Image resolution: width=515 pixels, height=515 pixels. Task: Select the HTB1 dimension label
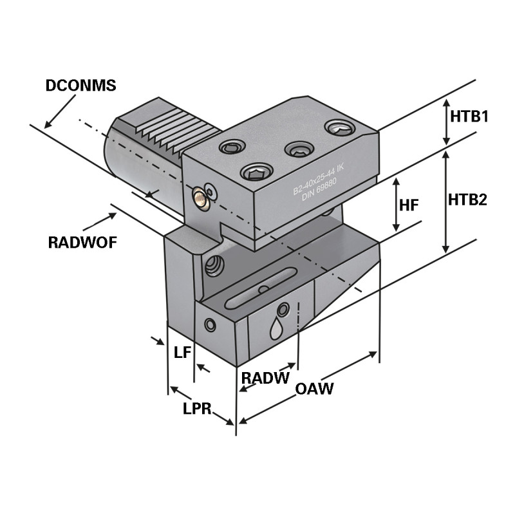click(x=470, y=117)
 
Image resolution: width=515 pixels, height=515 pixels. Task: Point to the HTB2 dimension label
click(x=467, y=199)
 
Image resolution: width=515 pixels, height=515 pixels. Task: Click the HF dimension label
click(x=409, y=205)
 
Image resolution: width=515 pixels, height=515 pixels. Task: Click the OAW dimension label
click(x=314, y=389)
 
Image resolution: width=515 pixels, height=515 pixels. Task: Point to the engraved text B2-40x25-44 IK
click(x=318, y=180)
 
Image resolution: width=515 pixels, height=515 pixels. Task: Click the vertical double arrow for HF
click(x=396, y=205)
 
